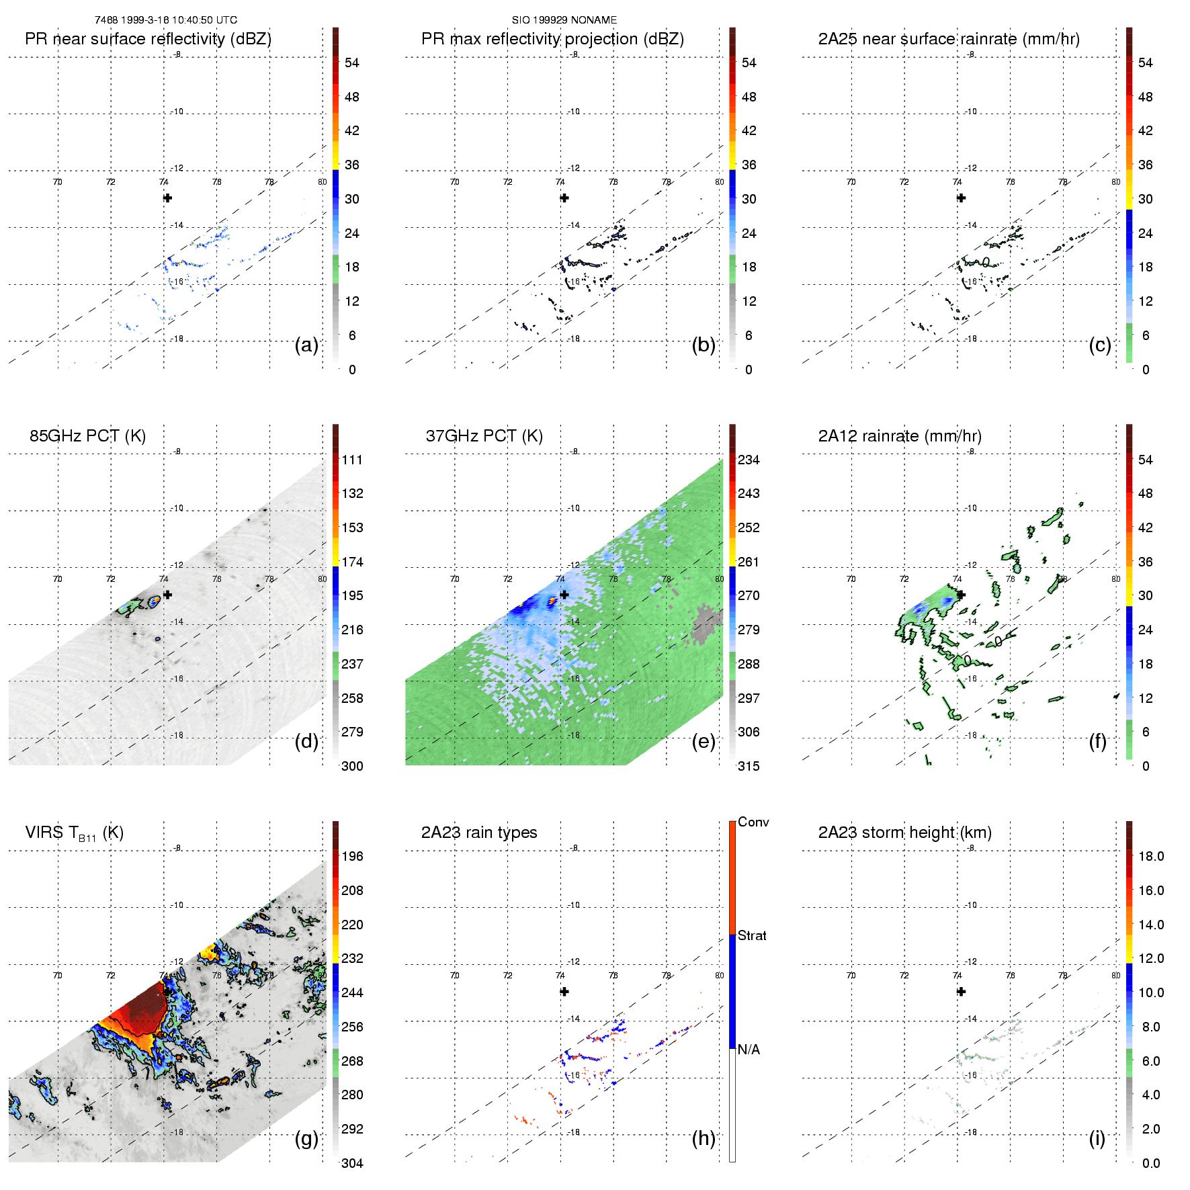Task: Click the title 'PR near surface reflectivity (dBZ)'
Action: click(x=148, y=39)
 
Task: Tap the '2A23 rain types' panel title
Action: click(x=479, y=833)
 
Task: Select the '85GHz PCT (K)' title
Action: click(x=87, y=436)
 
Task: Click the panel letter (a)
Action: click(x=306, y=345)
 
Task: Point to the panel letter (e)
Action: click(x=703, y=742)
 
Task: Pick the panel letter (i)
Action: click(x=1097, y=1138)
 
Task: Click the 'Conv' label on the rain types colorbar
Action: click(x=753, y=822)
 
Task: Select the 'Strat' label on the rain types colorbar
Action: click(x=752, y=935)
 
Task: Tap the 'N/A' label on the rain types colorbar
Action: click(x=749, y=1050)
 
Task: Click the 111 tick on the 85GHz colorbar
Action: click(x=352, y=460)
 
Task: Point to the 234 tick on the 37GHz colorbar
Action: click(x=749, y=460)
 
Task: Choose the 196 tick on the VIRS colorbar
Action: click(x=352, y=856)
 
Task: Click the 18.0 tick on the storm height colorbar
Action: click(x=1150, y=856)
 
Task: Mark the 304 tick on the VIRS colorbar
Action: click(x=352, y=1163)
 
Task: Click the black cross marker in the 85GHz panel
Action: click(x=167, y=595)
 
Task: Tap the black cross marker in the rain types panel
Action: click(x=564, y=991)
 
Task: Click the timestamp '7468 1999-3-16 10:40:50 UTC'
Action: click(x=166, y=20)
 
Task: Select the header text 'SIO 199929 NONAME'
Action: click(x=564, y=20)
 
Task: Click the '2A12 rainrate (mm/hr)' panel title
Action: click(x=900, y=436)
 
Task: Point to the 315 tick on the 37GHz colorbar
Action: click(x=749, y=766)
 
